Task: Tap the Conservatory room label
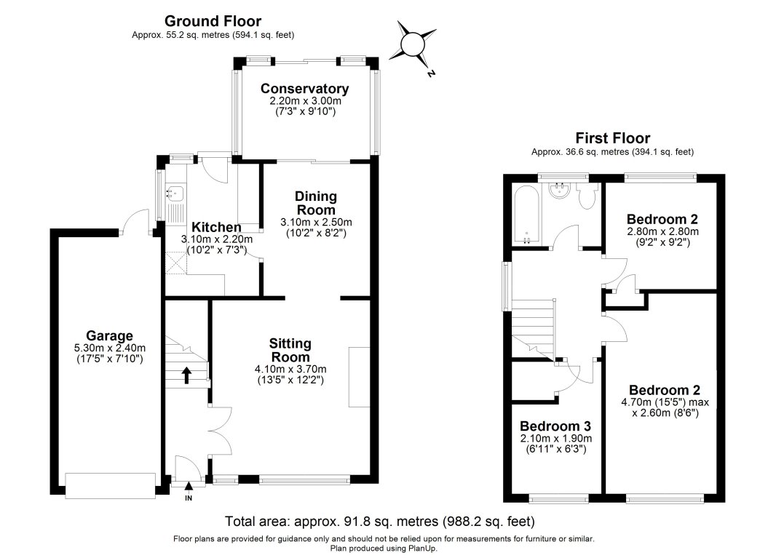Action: (305, 89)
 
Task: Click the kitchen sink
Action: (175, 194)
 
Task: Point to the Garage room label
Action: (108, 335)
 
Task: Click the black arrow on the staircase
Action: (186, 375)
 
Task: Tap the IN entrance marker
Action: (189, 498)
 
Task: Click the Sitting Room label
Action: (290, 350)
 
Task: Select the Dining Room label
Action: (315, 203)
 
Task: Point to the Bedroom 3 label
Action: (555, 426)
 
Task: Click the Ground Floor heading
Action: (213, 21)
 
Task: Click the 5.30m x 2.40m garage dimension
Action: (109, 348)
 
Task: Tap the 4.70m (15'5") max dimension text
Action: (665, 402)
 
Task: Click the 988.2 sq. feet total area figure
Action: (492, 521)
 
